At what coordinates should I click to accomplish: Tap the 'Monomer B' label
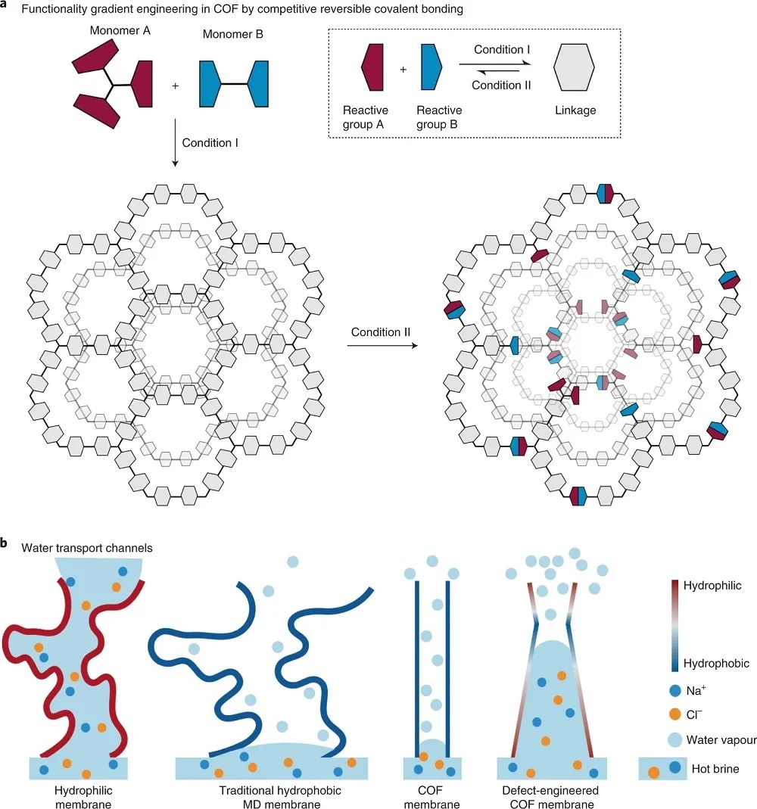(232, 33)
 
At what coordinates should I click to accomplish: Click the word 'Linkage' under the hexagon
(575, 110)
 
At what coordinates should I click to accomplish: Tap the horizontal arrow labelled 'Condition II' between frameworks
(381, 347)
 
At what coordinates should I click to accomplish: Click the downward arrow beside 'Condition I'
(175, 141)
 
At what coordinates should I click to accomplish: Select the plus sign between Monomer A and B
(176, 86)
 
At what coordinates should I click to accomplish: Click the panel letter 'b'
(5, 543)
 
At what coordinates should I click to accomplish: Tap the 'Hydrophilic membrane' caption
(83, 797)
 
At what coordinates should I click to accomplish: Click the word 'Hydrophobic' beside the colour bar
(716, 664)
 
